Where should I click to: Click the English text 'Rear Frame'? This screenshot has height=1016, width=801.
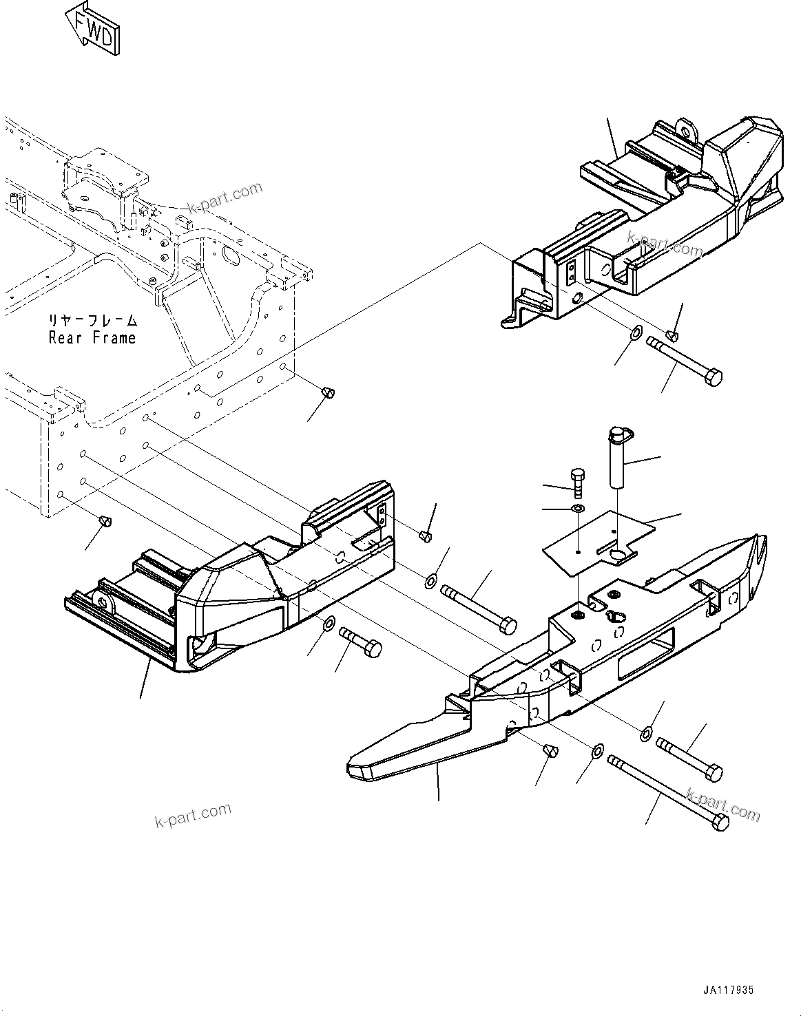(92, 338)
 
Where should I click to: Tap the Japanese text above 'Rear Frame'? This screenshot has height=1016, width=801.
(92, 320)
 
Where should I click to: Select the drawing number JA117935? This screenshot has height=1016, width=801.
(728, 990)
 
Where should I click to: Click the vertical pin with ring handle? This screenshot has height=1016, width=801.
(616, 457)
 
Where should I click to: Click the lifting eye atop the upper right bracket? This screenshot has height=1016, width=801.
(686, 129)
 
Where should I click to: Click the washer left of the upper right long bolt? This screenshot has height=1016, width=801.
(637, 332)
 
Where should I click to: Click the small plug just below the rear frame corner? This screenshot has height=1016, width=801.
(329, 392)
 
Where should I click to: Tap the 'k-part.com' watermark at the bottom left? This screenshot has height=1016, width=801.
(193, 816)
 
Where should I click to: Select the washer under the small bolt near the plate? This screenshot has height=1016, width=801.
(578, 509)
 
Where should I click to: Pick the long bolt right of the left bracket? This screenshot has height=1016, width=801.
(479, 606)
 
